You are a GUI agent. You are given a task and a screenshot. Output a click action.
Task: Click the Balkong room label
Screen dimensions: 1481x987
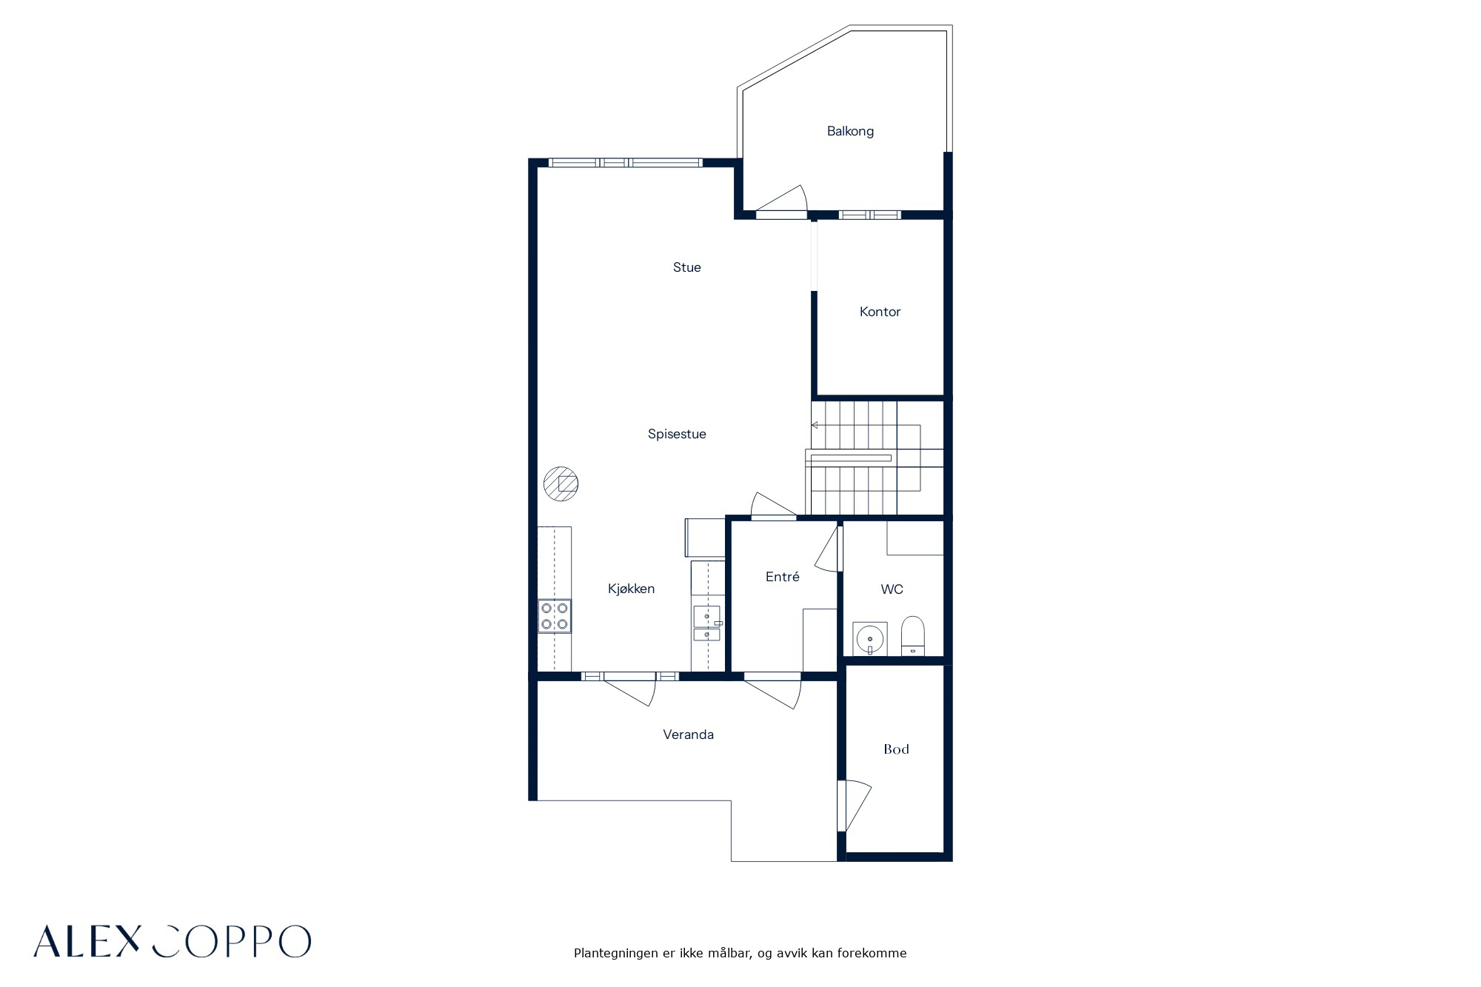click(850, 132)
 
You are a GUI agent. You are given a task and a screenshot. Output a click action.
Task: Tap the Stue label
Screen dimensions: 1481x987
click(686, 267)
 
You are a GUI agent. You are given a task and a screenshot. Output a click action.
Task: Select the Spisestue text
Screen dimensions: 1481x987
click(677, 435)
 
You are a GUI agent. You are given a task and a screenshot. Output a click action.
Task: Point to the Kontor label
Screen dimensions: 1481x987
click(880, 312)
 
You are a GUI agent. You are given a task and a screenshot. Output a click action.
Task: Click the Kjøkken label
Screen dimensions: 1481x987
click(631, 589)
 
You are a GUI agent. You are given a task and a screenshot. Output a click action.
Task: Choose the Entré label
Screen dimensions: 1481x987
click(782, 576)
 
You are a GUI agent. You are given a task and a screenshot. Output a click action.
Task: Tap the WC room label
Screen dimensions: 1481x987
click(892, 589)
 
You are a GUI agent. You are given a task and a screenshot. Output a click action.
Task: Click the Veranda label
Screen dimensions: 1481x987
click(688, 735)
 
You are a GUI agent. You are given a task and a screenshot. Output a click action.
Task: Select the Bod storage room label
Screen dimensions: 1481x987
click(896, 749)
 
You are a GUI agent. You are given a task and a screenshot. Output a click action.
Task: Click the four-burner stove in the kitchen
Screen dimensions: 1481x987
click(555, 616)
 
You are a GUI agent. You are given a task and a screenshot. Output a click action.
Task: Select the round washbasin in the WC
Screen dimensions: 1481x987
click(869, 638)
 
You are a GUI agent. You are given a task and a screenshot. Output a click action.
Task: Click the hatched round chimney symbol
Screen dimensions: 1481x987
click(561, 484)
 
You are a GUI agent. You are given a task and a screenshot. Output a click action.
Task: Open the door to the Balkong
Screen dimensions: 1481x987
click(781, 202)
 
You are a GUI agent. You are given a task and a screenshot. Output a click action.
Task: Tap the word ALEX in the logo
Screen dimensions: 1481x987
click(87, 941)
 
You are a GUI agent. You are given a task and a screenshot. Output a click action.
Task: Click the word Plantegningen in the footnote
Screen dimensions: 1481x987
click(616, 954)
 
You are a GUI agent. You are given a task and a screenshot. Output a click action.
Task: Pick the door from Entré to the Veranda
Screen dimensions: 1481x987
click(773, 692)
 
